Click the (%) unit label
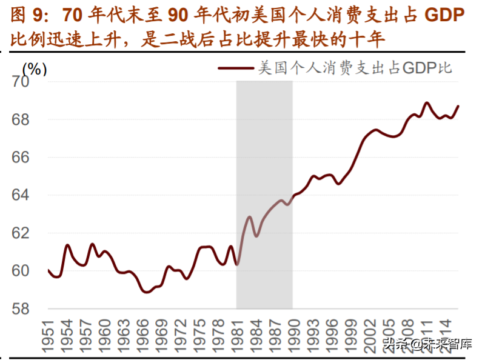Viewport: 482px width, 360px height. point(35,68)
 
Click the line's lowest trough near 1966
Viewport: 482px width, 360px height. point(146,292)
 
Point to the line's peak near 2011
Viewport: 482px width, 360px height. point(427,103)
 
